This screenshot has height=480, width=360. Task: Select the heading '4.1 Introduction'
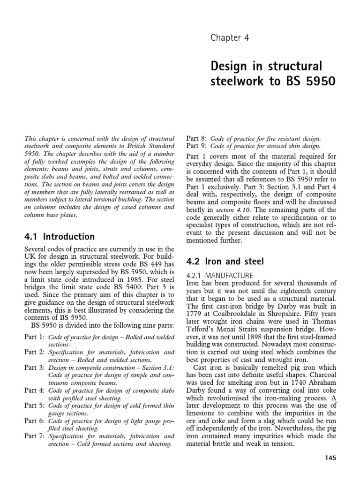pyautogui.click(x=60, y=236)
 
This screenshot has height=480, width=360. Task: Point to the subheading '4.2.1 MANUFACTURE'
pyautogui.click(x=220, y=275)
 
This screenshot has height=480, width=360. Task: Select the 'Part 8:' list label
pyautogui.click(x=197, y=139)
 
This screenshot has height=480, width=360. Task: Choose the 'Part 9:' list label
pyautogui.click(x=197, y=147)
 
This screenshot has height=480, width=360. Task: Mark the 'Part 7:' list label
pyautogui.click(x=35, y=436)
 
